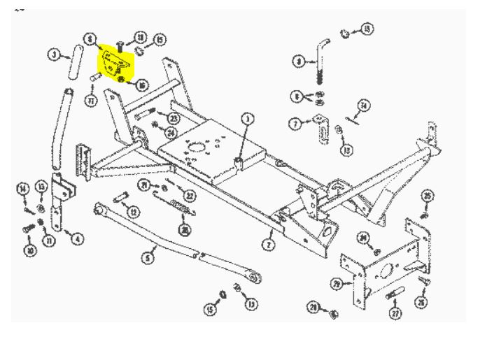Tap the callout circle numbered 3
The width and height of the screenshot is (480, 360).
pos(54,54)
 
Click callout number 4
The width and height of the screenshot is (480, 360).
pos(77,239)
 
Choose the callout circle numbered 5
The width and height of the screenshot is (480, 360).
pos(148,259)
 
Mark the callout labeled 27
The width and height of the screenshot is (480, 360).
pos(396,314)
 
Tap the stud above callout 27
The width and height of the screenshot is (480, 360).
pos(392,295)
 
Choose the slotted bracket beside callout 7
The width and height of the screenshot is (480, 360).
pos(322,129)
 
